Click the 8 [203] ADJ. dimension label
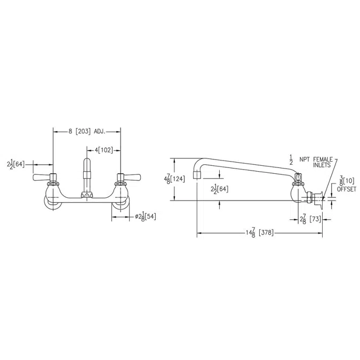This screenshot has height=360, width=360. (87, 132)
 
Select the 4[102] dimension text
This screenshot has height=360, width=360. (104, 150)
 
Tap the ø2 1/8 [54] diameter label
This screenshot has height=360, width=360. (146, 217)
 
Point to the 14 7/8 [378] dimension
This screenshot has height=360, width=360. (260, 233)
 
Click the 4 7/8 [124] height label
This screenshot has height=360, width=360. (174, 179)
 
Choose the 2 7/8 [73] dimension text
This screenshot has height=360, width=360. (310, 220)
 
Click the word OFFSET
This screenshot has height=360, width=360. (347, 189)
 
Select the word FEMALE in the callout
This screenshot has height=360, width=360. (323, 159)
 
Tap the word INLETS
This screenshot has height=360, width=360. (322, 165)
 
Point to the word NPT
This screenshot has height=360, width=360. (305, 159)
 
